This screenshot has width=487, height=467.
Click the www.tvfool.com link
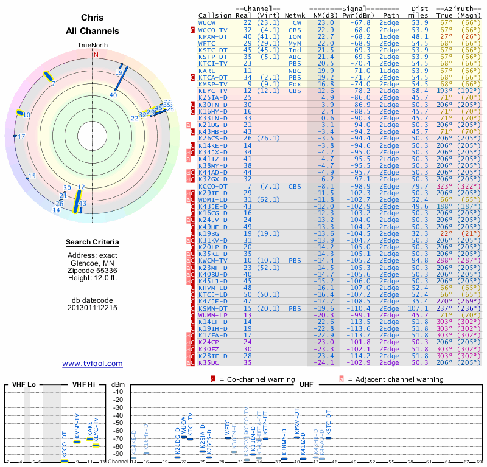[92, 364]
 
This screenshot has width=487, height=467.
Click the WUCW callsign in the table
[207, 22]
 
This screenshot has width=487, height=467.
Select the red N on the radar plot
[96, 54]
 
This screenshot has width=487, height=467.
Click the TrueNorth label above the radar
[92, 46]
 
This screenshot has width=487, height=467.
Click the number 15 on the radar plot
[32, 176]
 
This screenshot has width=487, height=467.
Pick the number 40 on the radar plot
[113, 95]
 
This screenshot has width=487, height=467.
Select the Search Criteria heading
[92, 243]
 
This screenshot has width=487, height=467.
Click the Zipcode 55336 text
[92, 270]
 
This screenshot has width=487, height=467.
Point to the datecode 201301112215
[92, 308]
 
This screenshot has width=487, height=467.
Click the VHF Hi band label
[83, 384]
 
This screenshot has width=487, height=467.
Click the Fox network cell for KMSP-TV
[295, 84]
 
